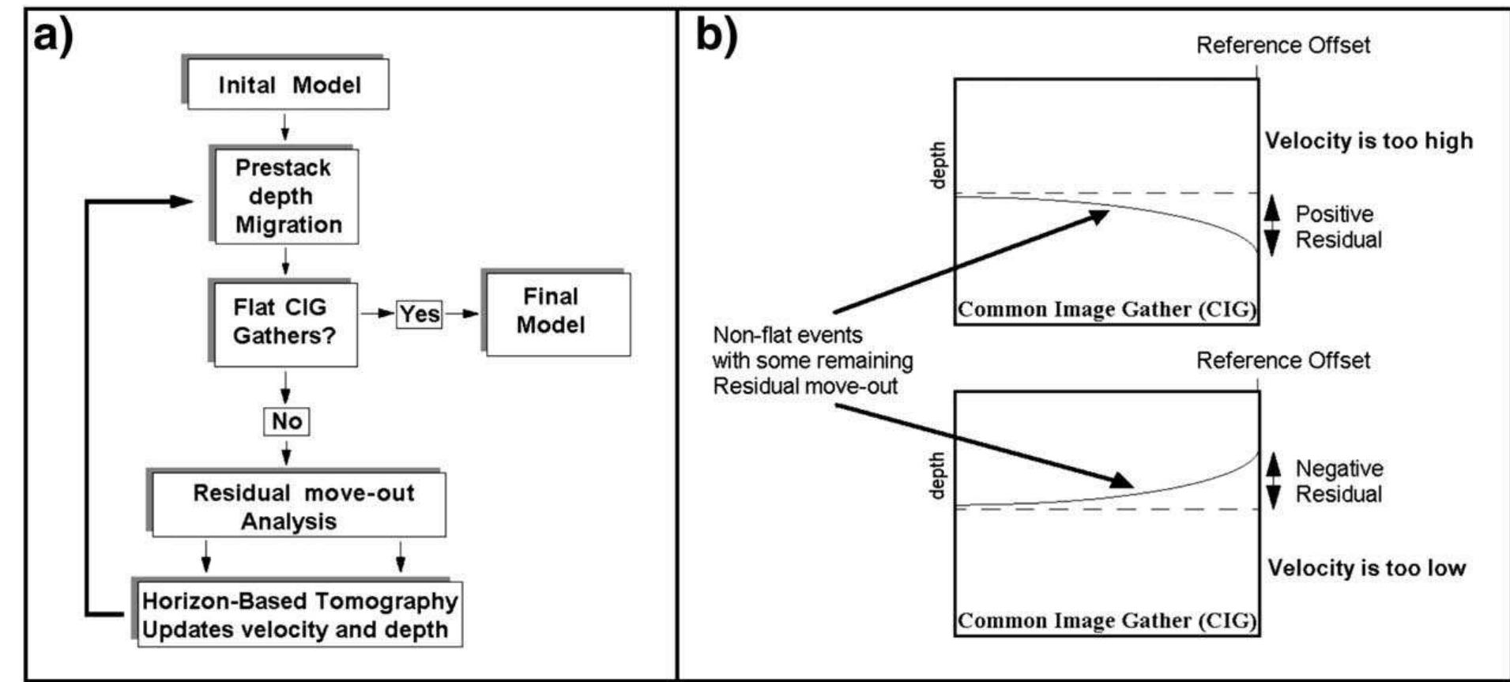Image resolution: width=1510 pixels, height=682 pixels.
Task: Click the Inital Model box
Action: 288,85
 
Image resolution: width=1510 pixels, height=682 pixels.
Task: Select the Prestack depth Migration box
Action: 285,196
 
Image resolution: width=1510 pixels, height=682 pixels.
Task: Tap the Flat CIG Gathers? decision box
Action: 284,322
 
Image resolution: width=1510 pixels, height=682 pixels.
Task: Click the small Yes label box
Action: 419,314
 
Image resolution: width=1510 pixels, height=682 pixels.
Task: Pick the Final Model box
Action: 556,313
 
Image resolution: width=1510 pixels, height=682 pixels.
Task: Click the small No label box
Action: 286,421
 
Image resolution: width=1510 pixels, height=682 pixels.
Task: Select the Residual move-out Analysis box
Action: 298,506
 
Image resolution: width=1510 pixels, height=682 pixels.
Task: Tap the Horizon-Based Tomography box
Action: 299,615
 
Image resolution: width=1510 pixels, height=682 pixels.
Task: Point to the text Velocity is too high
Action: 1369,141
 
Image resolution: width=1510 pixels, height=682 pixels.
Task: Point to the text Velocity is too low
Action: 1366,567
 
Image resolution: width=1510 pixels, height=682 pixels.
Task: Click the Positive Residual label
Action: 1338,227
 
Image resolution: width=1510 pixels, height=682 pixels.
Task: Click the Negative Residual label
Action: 1339,481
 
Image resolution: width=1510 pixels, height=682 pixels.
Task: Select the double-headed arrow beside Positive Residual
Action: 1271,226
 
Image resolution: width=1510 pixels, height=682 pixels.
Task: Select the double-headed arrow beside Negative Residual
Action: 1273,480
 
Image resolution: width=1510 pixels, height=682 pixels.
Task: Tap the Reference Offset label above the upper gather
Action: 1282,45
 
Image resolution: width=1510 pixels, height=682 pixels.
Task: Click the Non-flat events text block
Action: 811,360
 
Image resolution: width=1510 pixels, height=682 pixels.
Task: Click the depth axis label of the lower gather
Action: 937,475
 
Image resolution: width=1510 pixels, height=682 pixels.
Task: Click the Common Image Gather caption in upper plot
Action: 1106,309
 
